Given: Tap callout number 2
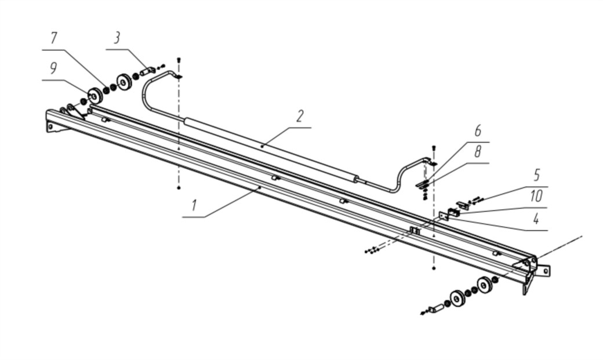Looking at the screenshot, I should pos(300,116).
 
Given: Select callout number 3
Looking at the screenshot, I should pos(117,39).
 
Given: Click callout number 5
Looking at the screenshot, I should pos(537,175).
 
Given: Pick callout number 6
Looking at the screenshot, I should pos(478,131).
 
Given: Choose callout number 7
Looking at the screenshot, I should pos(54,39).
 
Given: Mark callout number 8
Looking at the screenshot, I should pos(478,153).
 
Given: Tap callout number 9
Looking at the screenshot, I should pos(53,69).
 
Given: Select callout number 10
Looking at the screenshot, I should pos(536,197).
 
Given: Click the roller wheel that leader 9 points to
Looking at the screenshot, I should pos(93,95).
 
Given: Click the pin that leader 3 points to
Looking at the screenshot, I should pos(147,72).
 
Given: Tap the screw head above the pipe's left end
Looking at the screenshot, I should pos(179,60).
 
